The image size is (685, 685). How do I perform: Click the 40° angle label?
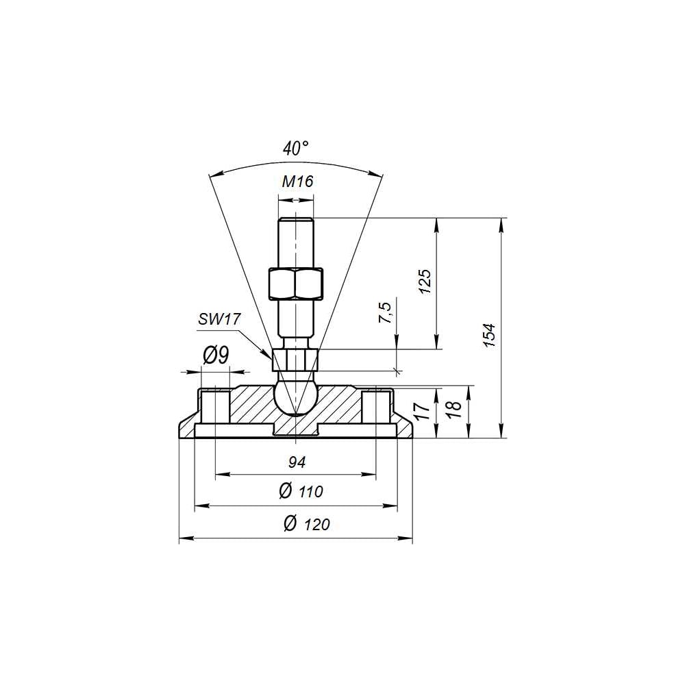(x=296, y=149)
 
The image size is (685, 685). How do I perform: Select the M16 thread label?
(x=297, y=182)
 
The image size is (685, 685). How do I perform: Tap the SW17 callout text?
(x=219, y=319)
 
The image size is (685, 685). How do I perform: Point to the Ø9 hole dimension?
(x=216, y=356)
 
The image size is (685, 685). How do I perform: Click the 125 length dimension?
(x=425, y=282)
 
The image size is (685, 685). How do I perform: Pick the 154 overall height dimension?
(x=490, y=335)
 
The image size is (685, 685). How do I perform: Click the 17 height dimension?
(x=423, y=412)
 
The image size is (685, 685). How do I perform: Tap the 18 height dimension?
(x=455, y=410)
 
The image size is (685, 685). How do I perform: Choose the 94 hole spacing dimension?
(x=297, y=462)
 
